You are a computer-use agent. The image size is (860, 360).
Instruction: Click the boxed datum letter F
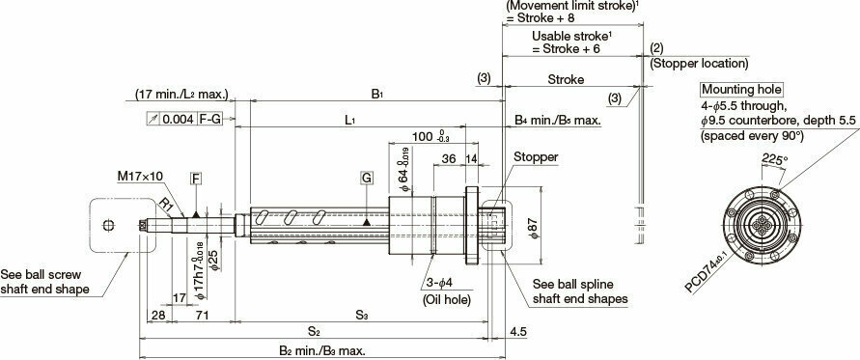(196, 180)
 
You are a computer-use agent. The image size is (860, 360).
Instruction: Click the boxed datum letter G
(366, 180)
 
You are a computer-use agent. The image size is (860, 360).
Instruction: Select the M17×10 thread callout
(139, 177)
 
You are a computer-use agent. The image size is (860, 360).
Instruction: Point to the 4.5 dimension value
(518, 333)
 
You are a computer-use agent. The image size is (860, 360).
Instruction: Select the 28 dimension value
(158, 316)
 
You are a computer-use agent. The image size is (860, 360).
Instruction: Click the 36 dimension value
(449, 159)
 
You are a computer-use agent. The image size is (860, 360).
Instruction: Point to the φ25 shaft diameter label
(214, 258)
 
